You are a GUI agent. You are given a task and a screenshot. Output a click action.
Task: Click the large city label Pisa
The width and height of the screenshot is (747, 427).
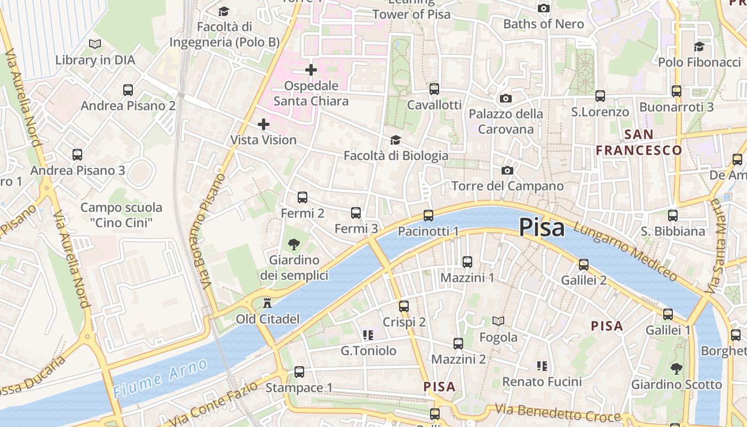pos(542,227)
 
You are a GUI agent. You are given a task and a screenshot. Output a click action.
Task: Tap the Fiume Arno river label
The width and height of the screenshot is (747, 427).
pos(160,378)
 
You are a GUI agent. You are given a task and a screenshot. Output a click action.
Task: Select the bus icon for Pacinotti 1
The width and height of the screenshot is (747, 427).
pos(428,216)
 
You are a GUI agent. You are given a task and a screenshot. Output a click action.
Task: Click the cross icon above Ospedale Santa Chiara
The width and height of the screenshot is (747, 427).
pos(311,70)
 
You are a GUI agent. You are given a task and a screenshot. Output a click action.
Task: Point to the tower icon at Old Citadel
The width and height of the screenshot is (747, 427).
pos(267,303)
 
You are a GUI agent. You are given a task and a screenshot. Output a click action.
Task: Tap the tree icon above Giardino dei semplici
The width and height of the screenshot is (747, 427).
pos(293,244)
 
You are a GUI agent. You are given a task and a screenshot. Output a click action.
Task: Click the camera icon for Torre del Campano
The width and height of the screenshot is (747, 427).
pos(507,170)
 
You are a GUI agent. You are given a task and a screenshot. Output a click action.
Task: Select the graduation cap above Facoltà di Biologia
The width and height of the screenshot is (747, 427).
pos(395,140)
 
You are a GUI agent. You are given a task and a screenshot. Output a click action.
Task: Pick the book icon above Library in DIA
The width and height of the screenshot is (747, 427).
pos(95,44)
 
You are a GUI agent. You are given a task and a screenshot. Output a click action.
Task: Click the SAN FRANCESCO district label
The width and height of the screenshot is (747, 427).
pos(639,143)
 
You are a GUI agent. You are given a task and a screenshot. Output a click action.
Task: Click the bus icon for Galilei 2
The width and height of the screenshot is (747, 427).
pos(584,265)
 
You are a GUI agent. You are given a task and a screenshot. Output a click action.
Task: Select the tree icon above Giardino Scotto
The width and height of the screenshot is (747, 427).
pos(676,368)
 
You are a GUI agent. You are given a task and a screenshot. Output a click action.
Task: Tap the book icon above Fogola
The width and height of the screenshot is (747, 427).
pos(498,321)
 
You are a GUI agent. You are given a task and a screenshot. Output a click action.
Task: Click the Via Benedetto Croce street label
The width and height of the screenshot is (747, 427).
pos(558,413)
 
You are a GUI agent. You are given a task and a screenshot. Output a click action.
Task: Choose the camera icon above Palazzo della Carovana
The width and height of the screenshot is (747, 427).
pos(505,98)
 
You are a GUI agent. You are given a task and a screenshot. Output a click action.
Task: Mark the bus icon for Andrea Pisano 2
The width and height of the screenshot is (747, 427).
pos(128,90)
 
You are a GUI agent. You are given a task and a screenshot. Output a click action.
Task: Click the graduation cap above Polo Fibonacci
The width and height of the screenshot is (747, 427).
pos(699,46)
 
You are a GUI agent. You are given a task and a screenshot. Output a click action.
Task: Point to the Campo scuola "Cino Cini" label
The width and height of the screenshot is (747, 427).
pos(121,215)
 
